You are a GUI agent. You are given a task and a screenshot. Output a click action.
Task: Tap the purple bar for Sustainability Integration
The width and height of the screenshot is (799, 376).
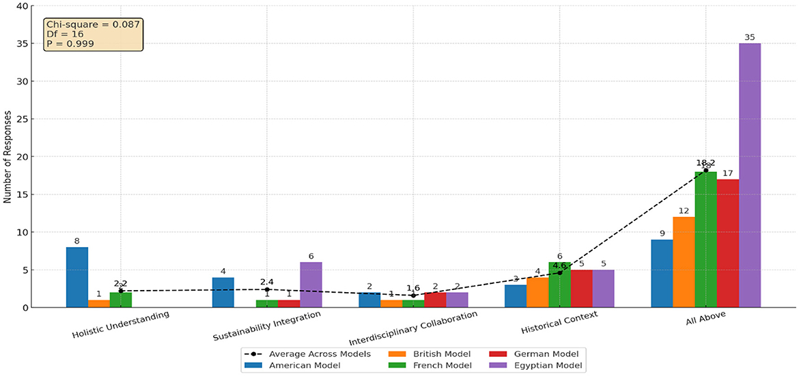pos(311,285)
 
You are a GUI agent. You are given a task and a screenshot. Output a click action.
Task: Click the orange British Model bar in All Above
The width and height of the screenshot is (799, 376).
pos(684,262)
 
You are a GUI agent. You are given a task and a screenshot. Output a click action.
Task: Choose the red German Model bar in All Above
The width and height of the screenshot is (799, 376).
pos(728,244)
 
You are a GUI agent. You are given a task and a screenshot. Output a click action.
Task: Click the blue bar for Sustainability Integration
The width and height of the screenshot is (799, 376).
pos(223,292)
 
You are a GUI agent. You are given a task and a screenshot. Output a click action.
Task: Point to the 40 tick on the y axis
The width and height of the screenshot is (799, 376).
pos(25,6)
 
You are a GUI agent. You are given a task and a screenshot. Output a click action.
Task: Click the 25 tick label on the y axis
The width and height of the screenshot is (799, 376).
pos(25,119)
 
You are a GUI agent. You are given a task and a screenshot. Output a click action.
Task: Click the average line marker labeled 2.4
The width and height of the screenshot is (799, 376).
pos(267,289)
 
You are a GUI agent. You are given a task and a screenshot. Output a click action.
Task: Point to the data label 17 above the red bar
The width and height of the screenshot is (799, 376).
pos(727,173)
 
